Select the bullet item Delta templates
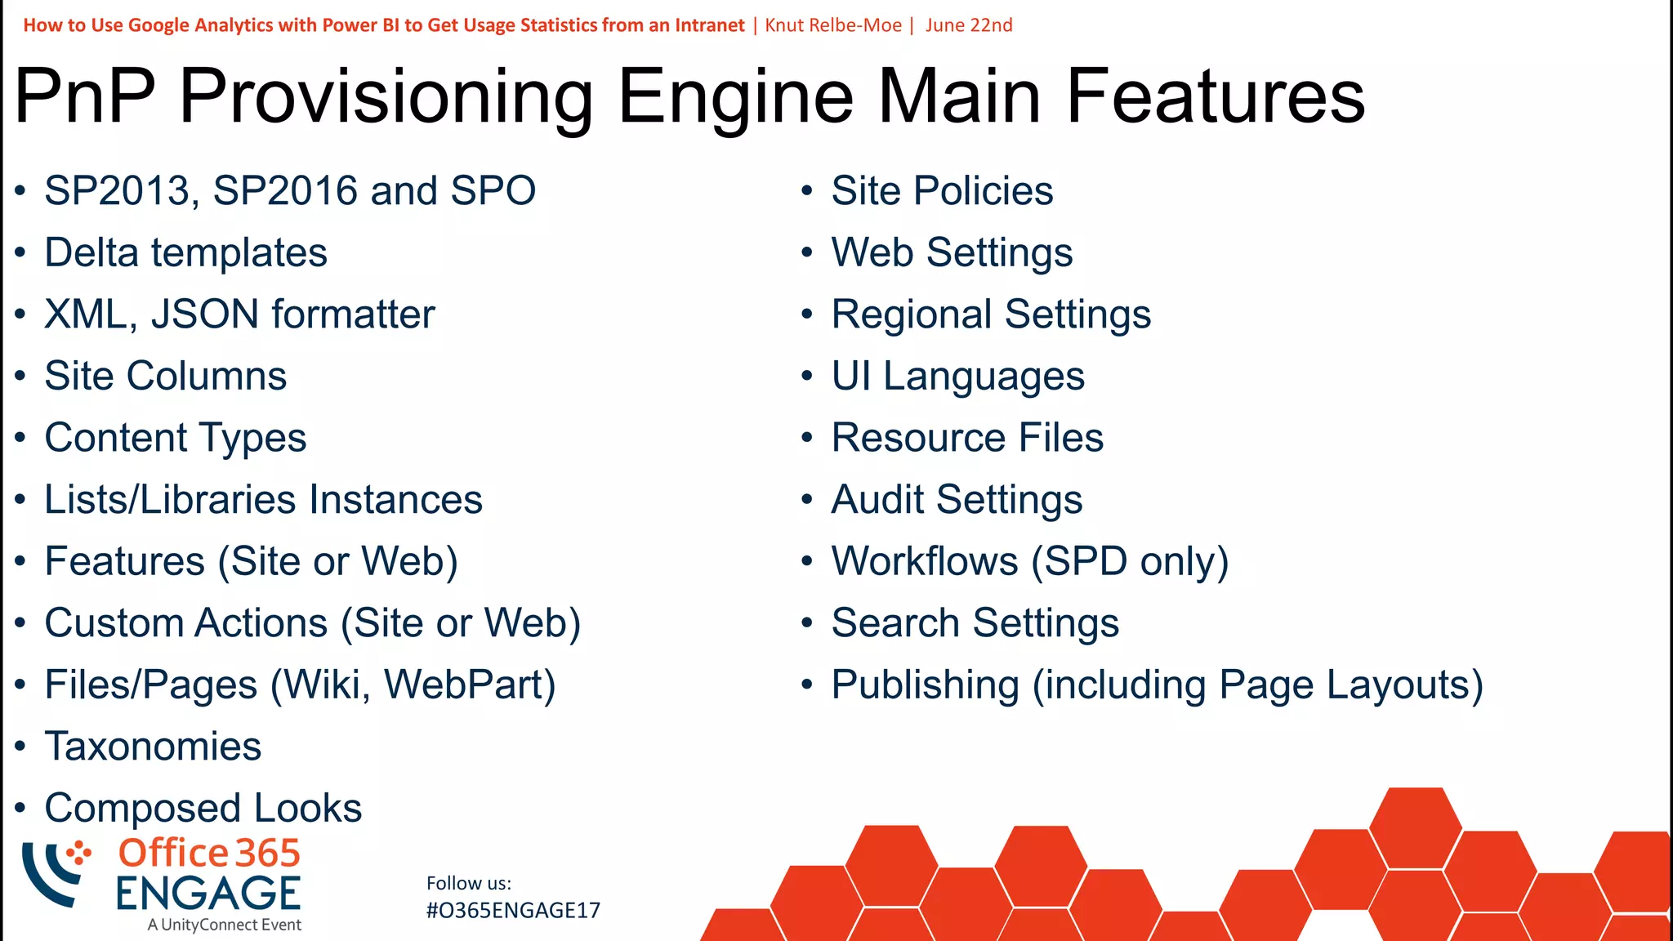click(x=185, y=252)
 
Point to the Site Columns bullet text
click(x=165, y=377)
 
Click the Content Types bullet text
click(x=175, y=439)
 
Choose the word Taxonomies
click(x=153, y=747)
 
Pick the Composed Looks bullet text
click(x=203, y=809)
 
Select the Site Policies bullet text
click(x=942, y=191)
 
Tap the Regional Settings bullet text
click(x=991, y=314)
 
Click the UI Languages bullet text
click(x=957, y=377)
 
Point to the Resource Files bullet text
click(x=967, y=439)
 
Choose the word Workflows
click(x=925, y=562)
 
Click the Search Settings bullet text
click(x=975, y=623)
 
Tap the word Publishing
click(x=925, y=685)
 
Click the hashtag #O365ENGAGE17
click(x=513, y=911)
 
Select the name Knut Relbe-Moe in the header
click(x=833, y=25)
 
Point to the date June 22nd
click(x=969, y=25)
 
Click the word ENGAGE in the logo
click(x=208, y=894)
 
